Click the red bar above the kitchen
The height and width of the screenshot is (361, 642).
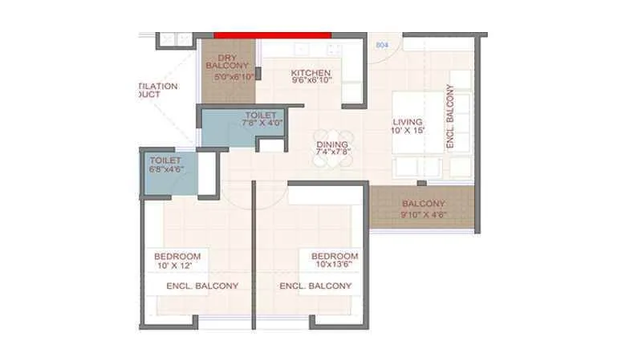(x=273, y=34)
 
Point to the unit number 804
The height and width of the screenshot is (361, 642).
(x=382, y=47)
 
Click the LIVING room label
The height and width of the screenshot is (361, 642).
(x=406, y=122)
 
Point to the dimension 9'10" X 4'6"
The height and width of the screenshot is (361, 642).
(x=423, y=215)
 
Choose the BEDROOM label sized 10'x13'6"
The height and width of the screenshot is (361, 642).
(x=335, y=256)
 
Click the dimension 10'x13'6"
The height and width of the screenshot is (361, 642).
(x=335, y=266)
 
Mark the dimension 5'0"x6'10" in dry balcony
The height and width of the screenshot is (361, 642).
(x=234, y=77)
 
